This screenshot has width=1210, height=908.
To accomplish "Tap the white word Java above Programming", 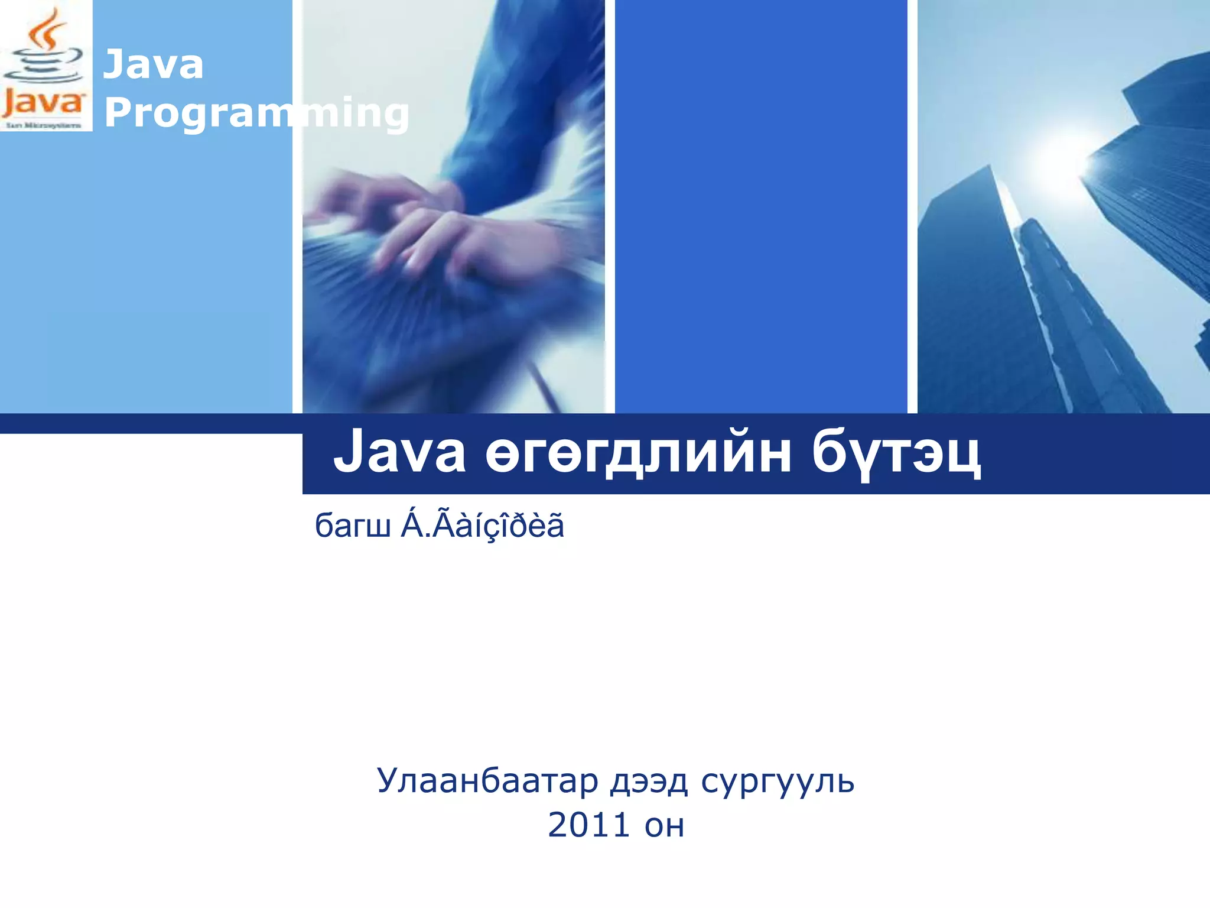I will pos(153,64).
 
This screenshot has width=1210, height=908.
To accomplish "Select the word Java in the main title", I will pos(399,453).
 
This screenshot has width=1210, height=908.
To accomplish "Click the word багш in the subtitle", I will pos(353,525).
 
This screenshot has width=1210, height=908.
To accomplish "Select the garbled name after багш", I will pos(482,525).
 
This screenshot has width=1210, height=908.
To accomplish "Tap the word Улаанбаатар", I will pos(487,781).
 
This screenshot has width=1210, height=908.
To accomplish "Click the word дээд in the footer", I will pos(649,782).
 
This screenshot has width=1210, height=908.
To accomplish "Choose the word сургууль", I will pos(778,782).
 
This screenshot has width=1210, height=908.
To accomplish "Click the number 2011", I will pos(588,825).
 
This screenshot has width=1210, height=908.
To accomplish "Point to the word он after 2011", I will pos(665,826).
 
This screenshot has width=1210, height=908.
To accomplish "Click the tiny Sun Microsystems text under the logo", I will pos(44,125).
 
